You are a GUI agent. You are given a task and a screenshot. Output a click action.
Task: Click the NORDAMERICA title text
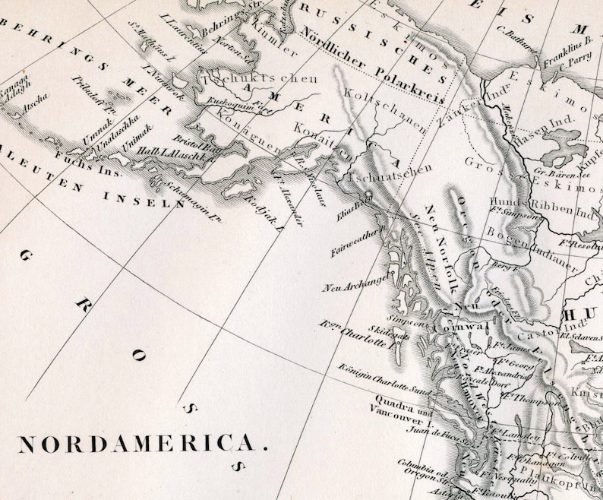(143, 445)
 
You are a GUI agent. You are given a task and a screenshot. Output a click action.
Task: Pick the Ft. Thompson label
(523, 399)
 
